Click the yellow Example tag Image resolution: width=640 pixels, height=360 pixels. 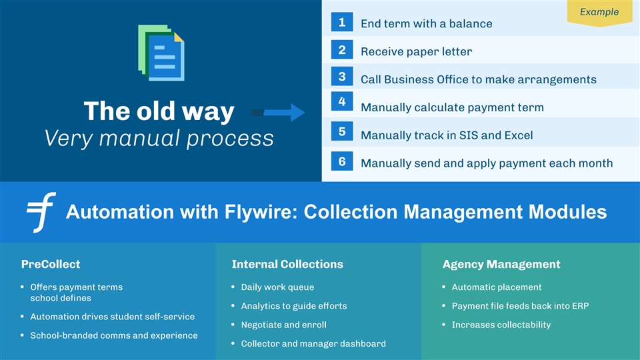point(599,12)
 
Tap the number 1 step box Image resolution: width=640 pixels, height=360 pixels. point(341,23)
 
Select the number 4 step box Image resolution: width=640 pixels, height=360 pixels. point(341,101)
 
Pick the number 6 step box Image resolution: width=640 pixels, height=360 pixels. point(341,162)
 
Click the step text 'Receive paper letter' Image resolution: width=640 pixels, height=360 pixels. point(416,51)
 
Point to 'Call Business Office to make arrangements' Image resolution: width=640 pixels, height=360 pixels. point(478,79)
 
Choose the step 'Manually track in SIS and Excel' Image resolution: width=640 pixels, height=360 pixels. point(446,135)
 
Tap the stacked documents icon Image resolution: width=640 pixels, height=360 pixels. point(161,53)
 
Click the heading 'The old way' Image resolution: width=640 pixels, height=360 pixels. point(159,111)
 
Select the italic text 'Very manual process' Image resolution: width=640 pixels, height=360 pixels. point(159,139)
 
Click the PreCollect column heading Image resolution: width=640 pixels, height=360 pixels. point(51,264)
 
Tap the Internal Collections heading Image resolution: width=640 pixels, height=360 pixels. point(287,264)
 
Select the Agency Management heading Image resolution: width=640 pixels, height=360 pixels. point(501,264)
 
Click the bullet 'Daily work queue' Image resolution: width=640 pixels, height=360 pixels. point(277,287)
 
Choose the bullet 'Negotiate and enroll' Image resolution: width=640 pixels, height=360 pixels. point(283,325)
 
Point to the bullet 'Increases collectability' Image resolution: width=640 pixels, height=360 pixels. point(501,325)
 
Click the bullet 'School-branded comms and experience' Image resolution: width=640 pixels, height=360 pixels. point(114,335)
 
